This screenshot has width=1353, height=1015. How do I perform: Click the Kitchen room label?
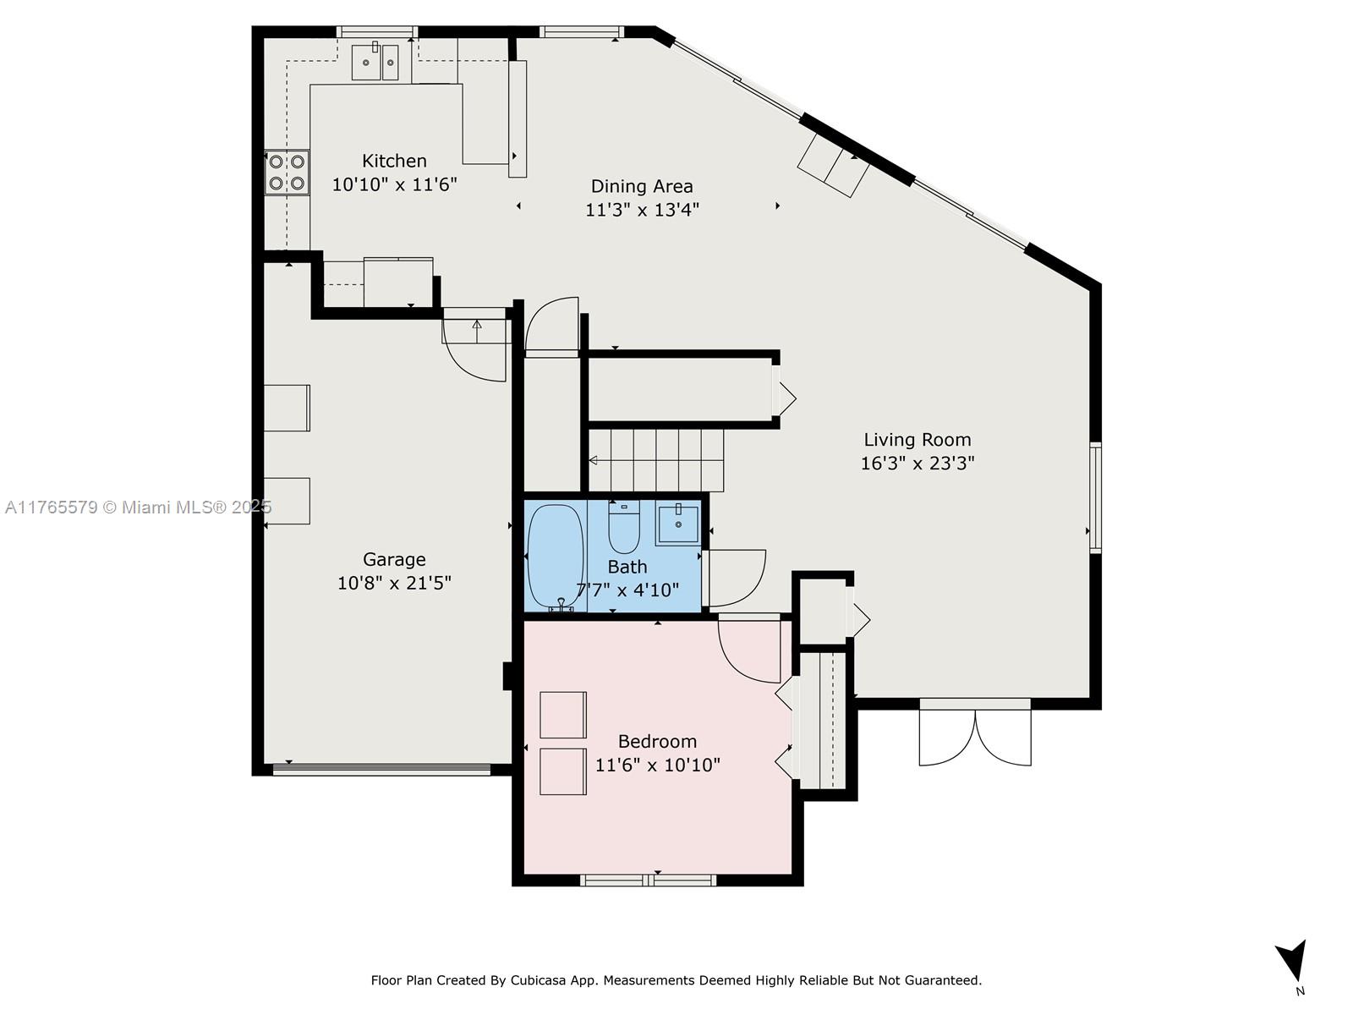tap(394, 161)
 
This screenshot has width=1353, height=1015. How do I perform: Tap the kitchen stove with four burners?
tap(286, 172)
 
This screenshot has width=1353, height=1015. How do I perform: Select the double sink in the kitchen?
tap(375, 63)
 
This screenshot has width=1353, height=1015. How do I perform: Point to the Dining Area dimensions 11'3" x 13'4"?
tap(642, 210)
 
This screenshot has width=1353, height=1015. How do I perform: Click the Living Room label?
tap(917, 440)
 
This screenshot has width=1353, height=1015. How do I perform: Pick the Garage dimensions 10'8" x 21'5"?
tap(394, 583)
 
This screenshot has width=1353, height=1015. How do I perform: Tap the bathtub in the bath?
tap(555, 555)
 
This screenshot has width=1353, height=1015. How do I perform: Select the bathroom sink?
tap(677, 524)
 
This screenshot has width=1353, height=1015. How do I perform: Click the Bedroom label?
tap(657, 742)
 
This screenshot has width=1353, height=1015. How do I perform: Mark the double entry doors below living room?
tap(975, 732)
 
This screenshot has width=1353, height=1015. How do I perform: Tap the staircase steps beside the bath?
tap(656, 460)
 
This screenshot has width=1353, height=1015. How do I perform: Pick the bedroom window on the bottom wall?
tap(649, 880)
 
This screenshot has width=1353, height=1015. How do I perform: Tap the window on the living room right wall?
tap(1095, 497)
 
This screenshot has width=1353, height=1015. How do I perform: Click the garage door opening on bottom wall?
tap(381, 770)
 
